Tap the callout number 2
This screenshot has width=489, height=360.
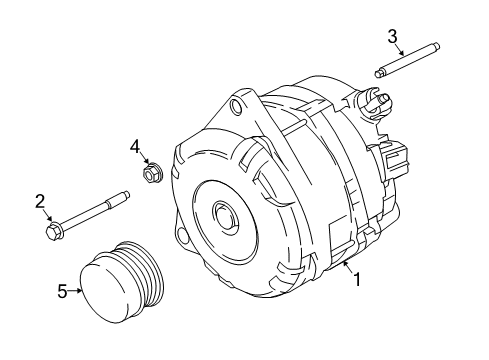click(x=41, y=202)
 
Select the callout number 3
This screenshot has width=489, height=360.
click(x=393, y=38)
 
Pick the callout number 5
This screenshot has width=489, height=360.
click(x=62, y=291)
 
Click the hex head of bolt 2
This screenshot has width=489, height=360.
click(x=53, y=232)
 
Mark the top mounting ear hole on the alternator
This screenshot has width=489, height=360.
click(x=236, y=103)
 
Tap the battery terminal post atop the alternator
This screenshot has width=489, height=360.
click(x=382, y=97)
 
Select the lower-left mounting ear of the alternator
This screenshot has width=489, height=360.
click(x=181, y=262)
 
